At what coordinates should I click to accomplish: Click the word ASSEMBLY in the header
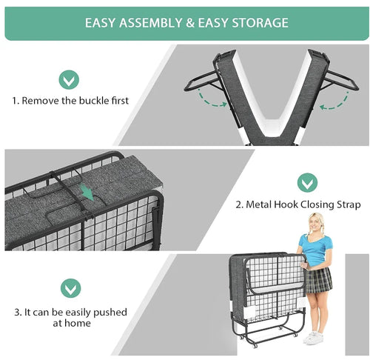(x=151, y=23)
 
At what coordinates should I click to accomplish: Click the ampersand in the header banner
(x=190, y=23)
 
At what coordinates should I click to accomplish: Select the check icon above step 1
(x=69, y=79)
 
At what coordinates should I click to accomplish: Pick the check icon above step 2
(x=307, y=183)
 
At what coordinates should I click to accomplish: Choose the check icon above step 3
(x=70, y=288)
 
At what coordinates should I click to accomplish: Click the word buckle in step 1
(x=94, y=101)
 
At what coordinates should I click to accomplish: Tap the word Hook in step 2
(x=286, y=204)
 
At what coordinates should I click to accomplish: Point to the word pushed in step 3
(x=110, y=313)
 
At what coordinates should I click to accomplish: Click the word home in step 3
(x=78, y=323)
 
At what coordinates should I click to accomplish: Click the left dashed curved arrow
(x=212, y=101)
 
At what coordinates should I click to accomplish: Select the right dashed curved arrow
(x=334, y=102)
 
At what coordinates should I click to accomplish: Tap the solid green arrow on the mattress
(x=87, y=192)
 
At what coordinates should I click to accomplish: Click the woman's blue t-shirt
(x=315, y=250)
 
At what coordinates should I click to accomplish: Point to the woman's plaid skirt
(x=318, y=280)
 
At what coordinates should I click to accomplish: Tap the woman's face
(x=315, y=224)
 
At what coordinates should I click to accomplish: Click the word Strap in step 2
(x=349, y=205)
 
